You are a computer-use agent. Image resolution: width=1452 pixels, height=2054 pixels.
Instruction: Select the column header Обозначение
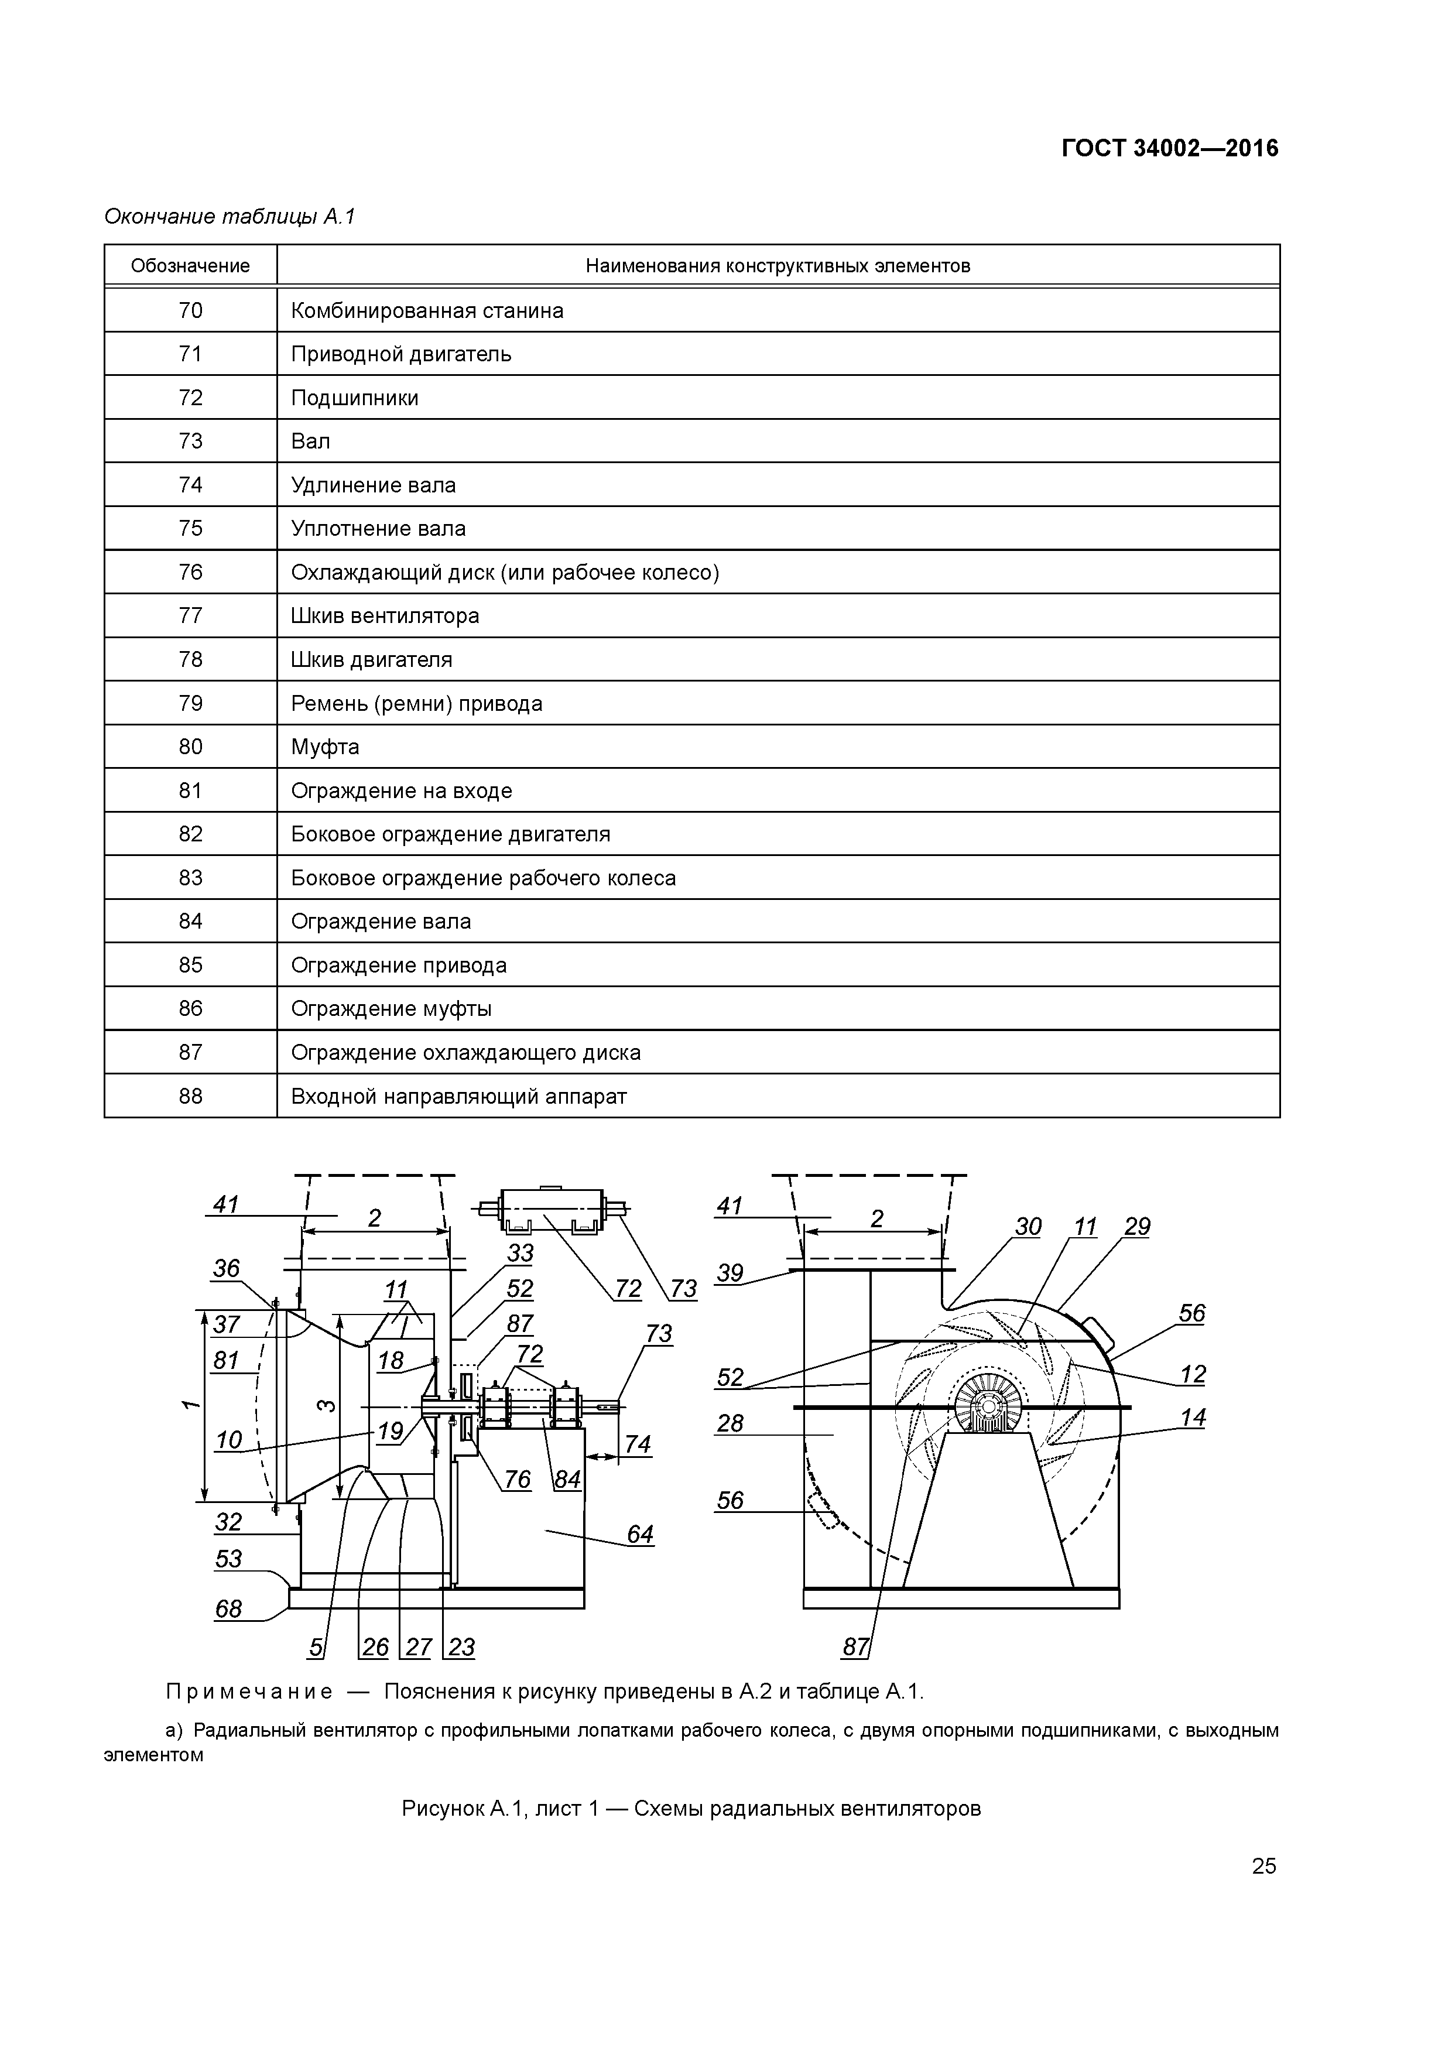(x=190, y=266)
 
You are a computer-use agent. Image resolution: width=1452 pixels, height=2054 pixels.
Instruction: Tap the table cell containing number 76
(x=190, y=571)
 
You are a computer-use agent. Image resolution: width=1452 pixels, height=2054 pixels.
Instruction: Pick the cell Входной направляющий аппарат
(x=458, y=1096)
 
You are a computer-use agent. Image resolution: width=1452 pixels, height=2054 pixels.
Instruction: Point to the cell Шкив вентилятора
(x=385, y=615)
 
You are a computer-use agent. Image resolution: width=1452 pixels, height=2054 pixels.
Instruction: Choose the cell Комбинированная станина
(x=427, y=310)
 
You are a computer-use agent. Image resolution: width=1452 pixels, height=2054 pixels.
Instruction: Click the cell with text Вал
(x=310, y=441)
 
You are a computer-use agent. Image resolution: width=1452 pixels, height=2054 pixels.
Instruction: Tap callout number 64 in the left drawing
(x=640, y=1534)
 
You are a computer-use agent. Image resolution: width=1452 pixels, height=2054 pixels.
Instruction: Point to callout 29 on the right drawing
(x=1136, y=1227)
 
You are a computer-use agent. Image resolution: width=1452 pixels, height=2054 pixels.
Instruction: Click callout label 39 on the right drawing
(x=730, y=1273)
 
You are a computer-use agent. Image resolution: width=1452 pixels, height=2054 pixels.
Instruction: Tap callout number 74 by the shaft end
(x=637, y=1444)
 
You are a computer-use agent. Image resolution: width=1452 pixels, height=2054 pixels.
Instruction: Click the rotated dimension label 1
(x=189, y=1405)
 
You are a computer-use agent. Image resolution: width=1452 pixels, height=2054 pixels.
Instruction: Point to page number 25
(x=1263, y=1866)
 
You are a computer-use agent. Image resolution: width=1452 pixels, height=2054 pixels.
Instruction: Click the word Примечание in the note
(x=249, y=1692)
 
